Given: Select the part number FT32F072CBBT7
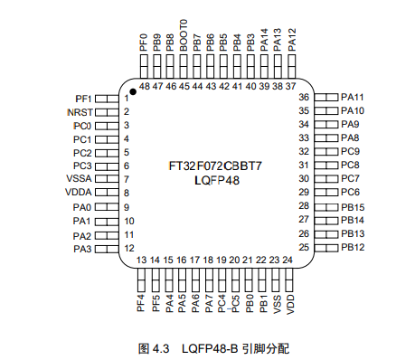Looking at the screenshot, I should tap(216, 166).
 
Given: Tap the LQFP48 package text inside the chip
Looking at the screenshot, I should tap(217, 181).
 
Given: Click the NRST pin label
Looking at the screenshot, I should tap(80, 111).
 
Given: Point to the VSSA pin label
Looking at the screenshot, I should tap(79, 180).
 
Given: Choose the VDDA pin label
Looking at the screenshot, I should tap(79, 194).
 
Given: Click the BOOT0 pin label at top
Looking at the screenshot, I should tap(184, 34).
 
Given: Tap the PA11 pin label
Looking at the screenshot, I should tap(352, 97).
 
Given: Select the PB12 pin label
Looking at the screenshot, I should tap(352, 248).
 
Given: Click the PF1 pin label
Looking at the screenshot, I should tap(82, 98).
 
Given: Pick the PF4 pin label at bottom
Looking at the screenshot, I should tap(141, 302).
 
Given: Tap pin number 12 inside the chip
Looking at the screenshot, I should tap(129, 248).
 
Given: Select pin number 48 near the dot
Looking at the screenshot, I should tap(144, 87).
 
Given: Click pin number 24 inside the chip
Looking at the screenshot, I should tap(288, 260).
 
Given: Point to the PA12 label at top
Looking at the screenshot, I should tap(291, 38).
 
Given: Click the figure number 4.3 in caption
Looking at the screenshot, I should tap(160, 347).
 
